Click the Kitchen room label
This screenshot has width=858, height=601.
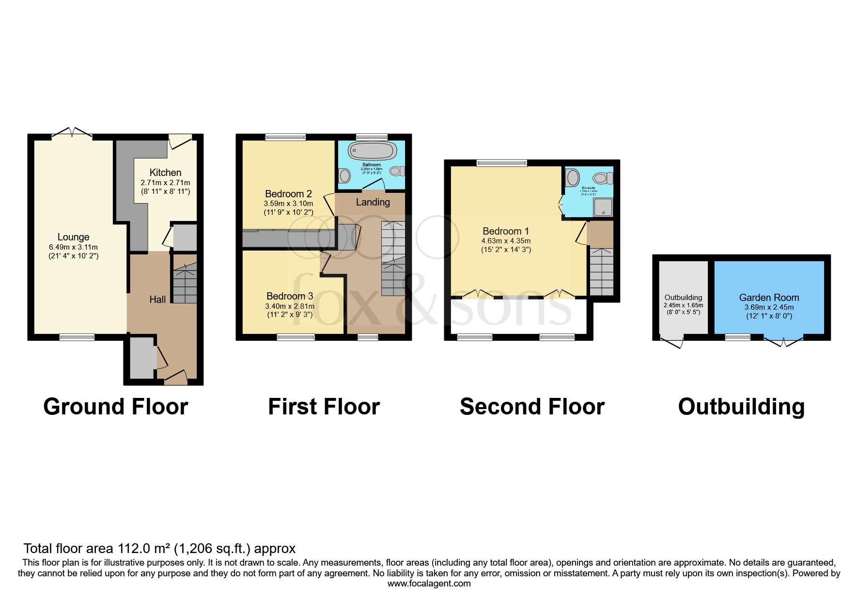click(x=165, y=173)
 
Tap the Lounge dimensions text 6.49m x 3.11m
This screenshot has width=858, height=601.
click(x=73, y=247)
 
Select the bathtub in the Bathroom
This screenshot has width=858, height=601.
click(x=372, y=151)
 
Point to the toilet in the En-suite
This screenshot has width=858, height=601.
click(x=602, y=178)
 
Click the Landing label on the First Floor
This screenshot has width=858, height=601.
click(x=373, y=202)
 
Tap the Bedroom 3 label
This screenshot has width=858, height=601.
click(x=290, y=296)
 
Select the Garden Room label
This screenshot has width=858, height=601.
click(x=769, y=298)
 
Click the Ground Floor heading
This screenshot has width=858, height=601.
click(x=115, y=407)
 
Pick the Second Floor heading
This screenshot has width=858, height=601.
click(x=532, y=407)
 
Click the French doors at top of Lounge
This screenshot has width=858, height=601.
click(x=72, y=133)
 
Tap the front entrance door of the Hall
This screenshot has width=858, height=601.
click(x=175, y=377)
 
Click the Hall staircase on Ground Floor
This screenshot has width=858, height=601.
click(x=185, y=284)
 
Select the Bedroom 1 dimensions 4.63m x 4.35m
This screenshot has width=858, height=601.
click(x=506, y=241)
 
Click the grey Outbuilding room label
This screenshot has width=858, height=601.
click(x=683, y=298)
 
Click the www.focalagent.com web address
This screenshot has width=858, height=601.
click(x=429, y=584)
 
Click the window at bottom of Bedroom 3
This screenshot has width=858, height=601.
click(x=296, y=337)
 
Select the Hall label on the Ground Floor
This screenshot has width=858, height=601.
click(x=157, y=300)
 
